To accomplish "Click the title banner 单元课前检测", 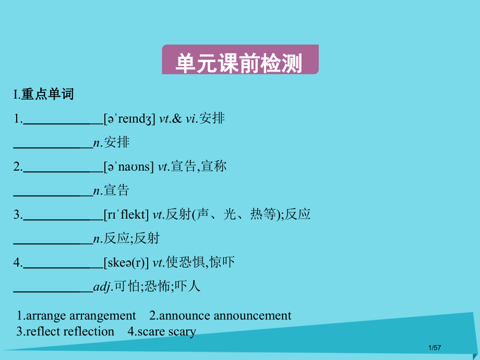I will (239, 64).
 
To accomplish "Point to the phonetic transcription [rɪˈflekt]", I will (126, 215).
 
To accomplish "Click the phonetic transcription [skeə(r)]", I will (126, 263).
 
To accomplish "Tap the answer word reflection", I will (89, 331).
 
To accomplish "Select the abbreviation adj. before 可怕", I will (103, 287).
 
